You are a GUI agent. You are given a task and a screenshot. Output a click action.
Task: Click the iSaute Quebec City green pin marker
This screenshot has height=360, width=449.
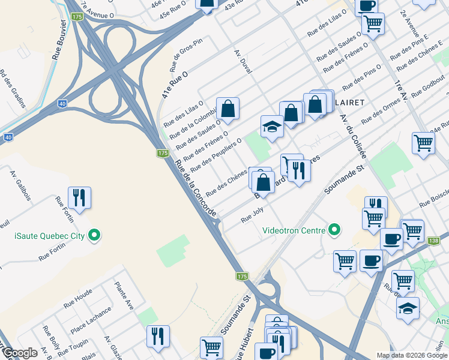[x=94, y=235]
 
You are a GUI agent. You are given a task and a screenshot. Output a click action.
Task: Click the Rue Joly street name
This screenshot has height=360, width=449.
[x=252, y=214]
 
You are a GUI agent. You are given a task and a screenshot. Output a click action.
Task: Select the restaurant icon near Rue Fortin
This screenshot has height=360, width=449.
[x=79, y=196]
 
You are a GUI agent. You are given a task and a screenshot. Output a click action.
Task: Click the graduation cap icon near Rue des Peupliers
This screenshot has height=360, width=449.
[x=271, y=127]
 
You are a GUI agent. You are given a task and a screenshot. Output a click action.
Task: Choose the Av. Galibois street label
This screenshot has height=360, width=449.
[x=17, y=182]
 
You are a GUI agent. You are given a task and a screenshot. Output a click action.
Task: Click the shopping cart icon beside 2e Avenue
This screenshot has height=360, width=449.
[x=373, y=24]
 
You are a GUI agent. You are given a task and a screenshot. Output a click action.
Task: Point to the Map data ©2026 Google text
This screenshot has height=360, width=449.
[x=412, y=355]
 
